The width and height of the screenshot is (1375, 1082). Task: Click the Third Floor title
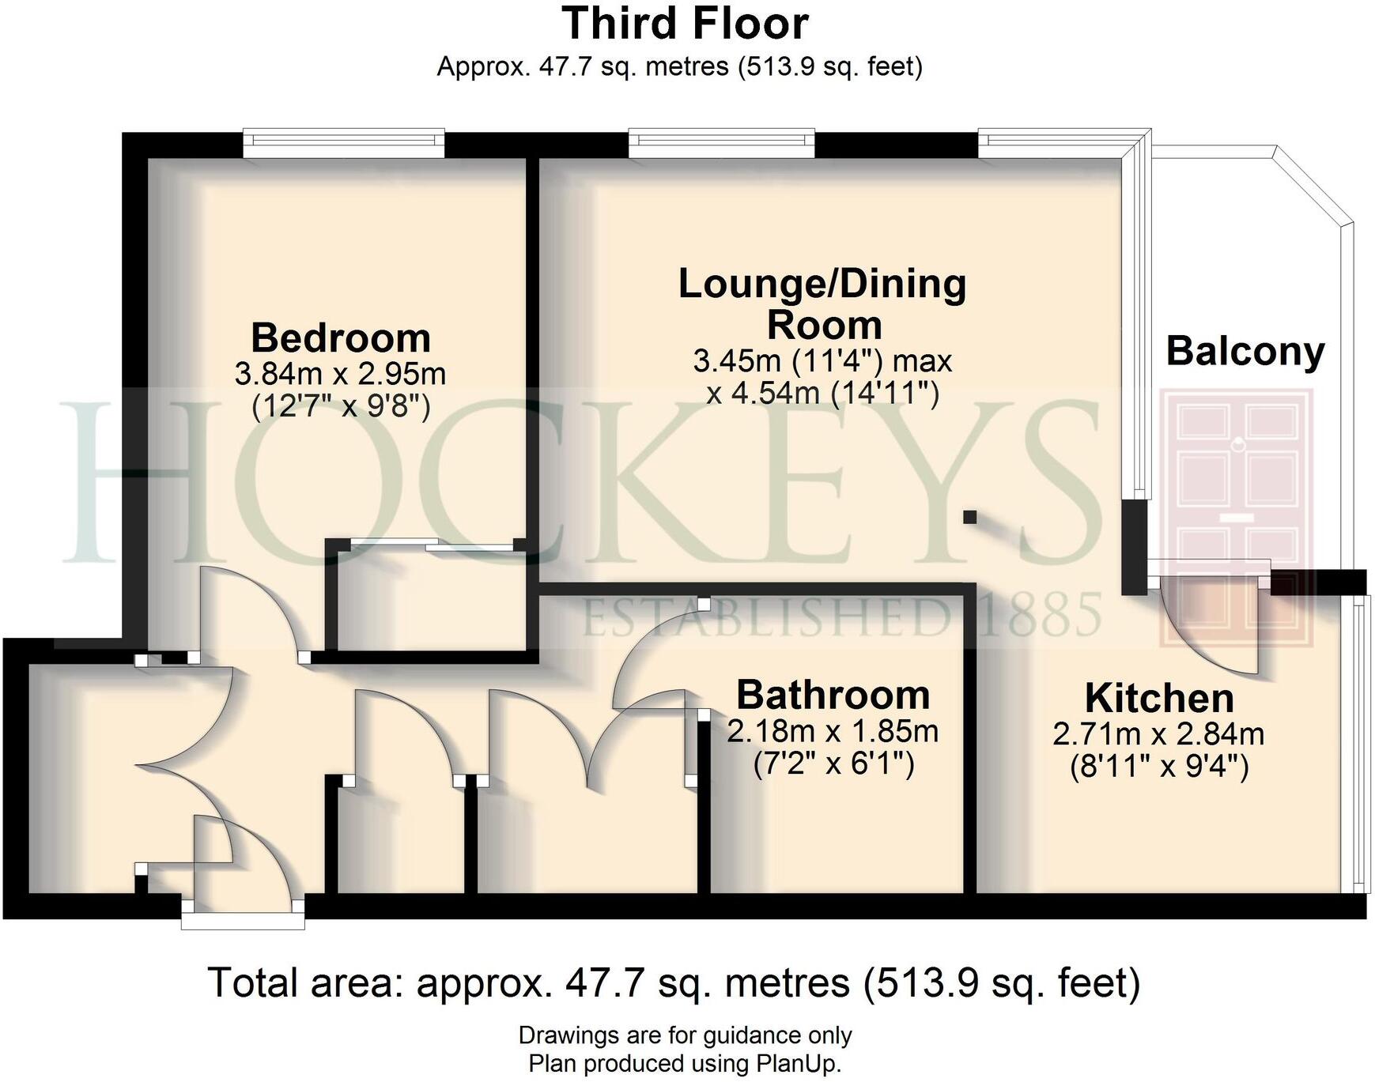point(685,24)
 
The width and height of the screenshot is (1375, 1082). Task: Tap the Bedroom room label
point(341,338)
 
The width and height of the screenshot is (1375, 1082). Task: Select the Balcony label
point(1245,351)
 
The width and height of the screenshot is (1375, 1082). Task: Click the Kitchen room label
point(1158,698)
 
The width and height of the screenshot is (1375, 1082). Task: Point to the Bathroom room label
point(833,696)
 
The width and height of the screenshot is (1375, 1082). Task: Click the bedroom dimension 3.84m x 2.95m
point(340,373)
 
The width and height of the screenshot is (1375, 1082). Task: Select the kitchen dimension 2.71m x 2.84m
point(1158,734)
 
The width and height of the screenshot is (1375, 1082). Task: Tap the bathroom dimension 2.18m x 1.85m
point(833,731)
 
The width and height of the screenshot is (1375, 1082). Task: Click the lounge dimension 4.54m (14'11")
point(822,393)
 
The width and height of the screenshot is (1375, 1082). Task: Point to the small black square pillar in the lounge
point(969,517)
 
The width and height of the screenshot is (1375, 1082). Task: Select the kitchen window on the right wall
point(1359,743)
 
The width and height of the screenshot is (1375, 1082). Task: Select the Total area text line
point(674,983)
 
